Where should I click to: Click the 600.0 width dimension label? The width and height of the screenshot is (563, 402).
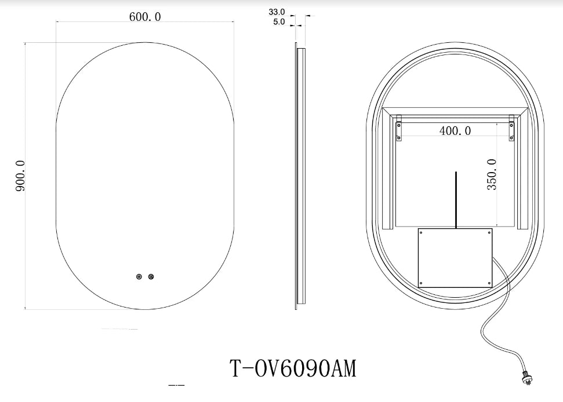[x=145, y=17]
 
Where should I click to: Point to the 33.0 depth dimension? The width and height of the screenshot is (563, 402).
[x=277, y=12]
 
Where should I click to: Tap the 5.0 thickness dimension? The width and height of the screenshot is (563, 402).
[x=278, y=22]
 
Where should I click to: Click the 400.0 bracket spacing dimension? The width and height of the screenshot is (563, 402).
[x=455, y=131]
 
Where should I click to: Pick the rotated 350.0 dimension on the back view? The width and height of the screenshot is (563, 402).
[x=492, y=174]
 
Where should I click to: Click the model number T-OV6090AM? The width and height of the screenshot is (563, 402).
[x=293, y=368]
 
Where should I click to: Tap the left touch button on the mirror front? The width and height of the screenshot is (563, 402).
[x=139, y=277]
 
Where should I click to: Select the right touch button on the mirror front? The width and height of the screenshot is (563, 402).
[x=151, y=277]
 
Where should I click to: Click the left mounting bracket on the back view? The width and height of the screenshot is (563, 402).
[x=399, y=129]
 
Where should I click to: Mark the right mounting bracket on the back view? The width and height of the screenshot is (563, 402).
[x=511, y=129]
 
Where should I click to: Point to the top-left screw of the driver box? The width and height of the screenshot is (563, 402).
[x=422, y=233]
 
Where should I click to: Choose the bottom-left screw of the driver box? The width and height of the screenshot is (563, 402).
[x=422, y=282]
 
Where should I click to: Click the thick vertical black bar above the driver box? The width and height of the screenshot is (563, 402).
[x=456, y=199]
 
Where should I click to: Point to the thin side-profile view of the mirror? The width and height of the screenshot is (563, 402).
[x=299, y=174]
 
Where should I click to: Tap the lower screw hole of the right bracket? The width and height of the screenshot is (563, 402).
[x=511, y=137]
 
